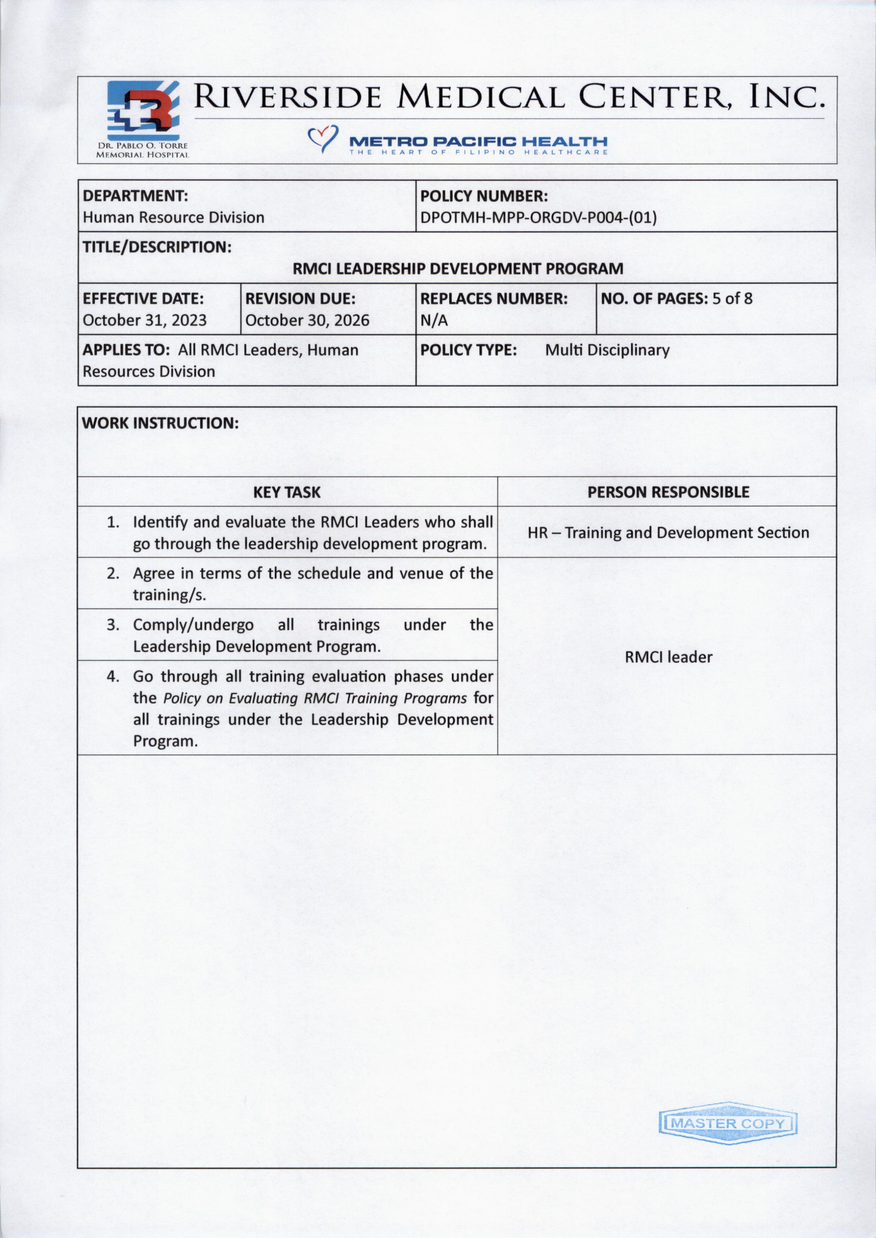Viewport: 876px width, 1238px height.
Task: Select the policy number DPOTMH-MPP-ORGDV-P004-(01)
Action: [538, 218]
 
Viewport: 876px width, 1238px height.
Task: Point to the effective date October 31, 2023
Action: [144, 320]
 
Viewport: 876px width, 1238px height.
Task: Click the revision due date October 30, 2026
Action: [307, 320]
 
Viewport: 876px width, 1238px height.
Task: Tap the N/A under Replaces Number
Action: [434, 321]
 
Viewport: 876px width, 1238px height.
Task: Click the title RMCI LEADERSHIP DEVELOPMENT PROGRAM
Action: [457, 269]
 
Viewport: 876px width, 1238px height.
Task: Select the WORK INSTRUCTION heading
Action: [160, 423]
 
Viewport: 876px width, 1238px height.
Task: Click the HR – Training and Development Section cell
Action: [668, 533]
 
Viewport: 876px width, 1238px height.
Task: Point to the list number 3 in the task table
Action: [112, 625]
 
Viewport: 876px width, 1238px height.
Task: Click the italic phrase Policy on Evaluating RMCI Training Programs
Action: [315, 698]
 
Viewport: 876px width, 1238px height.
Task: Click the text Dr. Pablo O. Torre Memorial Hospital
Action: [142, 150]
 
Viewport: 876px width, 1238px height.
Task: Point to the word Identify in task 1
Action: [160, 522]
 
